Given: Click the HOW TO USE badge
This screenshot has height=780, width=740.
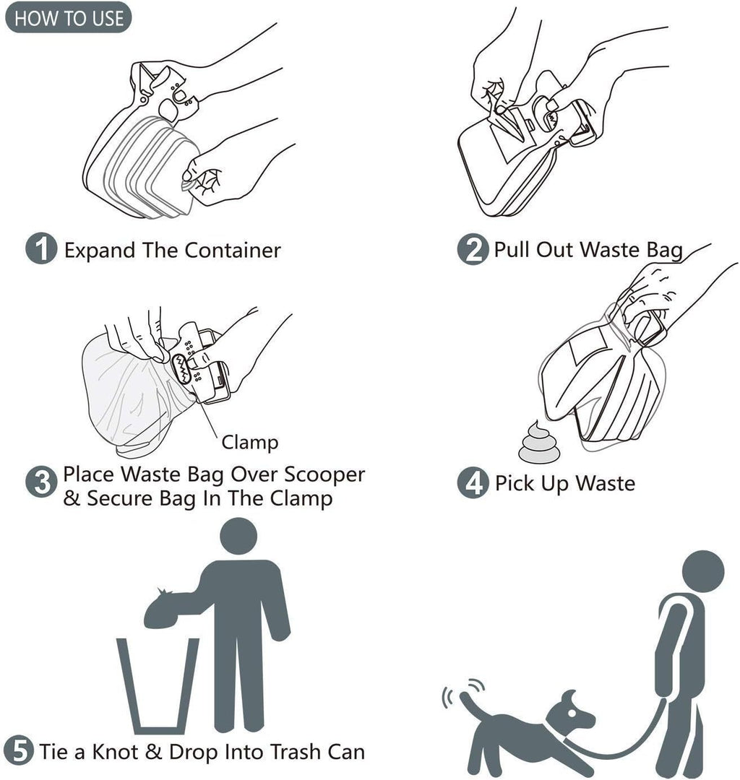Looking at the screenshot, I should click(69, 18).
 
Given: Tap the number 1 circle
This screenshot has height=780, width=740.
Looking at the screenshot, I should click(41, 251).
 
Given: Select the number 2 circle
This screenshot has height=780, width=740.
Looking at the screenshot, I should click(473, 251).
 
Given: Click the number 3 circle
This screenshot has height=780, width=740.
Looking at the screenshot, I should click(41, 482).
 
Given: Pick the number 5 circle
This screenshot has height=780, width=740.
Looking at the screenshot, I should click(21, 751).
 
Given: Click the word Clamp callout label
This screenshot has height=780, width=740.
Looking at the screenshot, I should click(249, 442).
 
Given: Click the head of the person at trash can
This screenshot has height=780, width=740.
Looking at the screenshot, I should click(238, 537).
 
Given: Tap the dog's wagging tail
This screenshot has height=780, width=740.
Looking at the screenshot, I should click(470, 704).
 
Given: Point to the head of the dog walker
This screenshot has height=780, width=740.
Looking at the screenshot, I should click(702, 570).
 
